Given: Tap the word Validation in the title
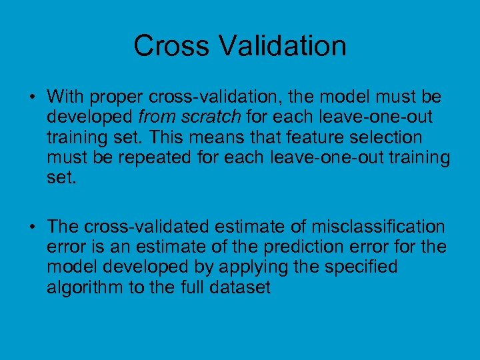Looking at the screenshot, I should [281, 46].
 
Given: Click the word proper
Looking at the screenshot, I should [117, 97].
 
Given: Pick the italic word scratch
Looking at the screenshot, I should [208, 117].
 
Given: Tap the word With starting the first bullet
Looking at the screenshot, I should [65, 97].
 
